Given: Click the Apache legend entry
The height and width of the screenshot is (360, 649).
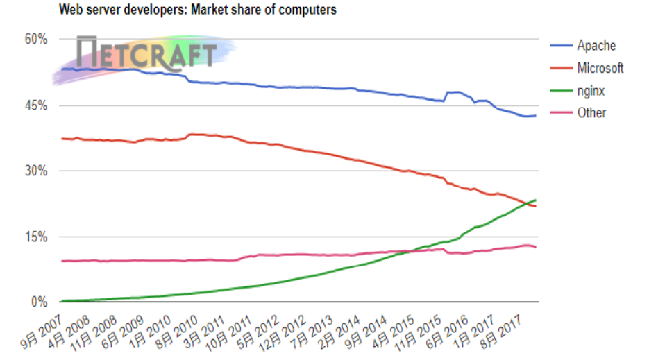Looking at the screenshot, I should pos(595,46).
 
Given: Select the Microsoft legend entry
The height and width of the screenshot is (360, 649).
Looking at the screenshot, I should pos(600,68).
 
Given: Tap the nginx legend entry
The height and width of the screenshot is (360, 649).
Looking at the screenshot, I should pos(591,90).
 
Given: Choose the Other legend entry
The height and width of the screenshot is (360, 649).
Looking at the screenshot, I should pos(591,112).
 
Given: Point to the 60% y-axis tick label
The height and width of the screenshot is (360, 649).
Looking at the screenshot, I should pos(35,40).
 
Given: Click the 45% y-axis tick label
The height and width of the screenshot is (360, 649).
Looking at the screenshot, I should pos(35,105).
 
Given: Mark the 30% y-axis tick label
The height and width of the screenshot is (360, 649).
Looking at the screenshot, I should pos(35,171).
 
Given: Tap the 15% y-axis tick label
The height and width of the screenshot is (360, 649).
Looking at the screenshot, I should pos(35,237).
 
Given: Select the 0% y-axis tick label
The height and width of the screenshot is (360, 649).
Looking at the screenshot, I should pos(38,302).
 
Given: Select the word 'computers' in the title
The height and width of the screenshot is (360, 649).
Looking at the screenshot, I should pos(309,10).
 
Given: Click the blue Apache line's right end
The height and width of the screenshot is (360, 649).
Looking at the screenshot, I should pos(536,115).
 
